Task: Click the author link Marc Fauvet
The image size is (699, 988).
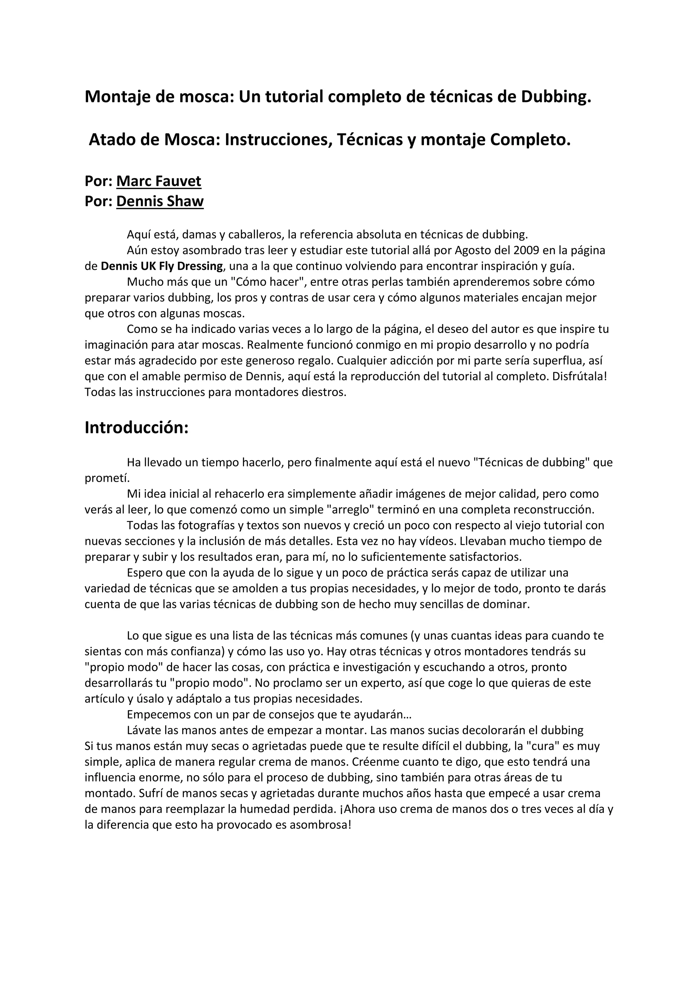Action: pos(158,181)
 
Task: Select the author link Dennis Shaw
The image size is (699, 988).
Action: pos(160,201)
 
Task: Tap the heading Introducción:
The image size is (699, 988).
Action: pos(137,428)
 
